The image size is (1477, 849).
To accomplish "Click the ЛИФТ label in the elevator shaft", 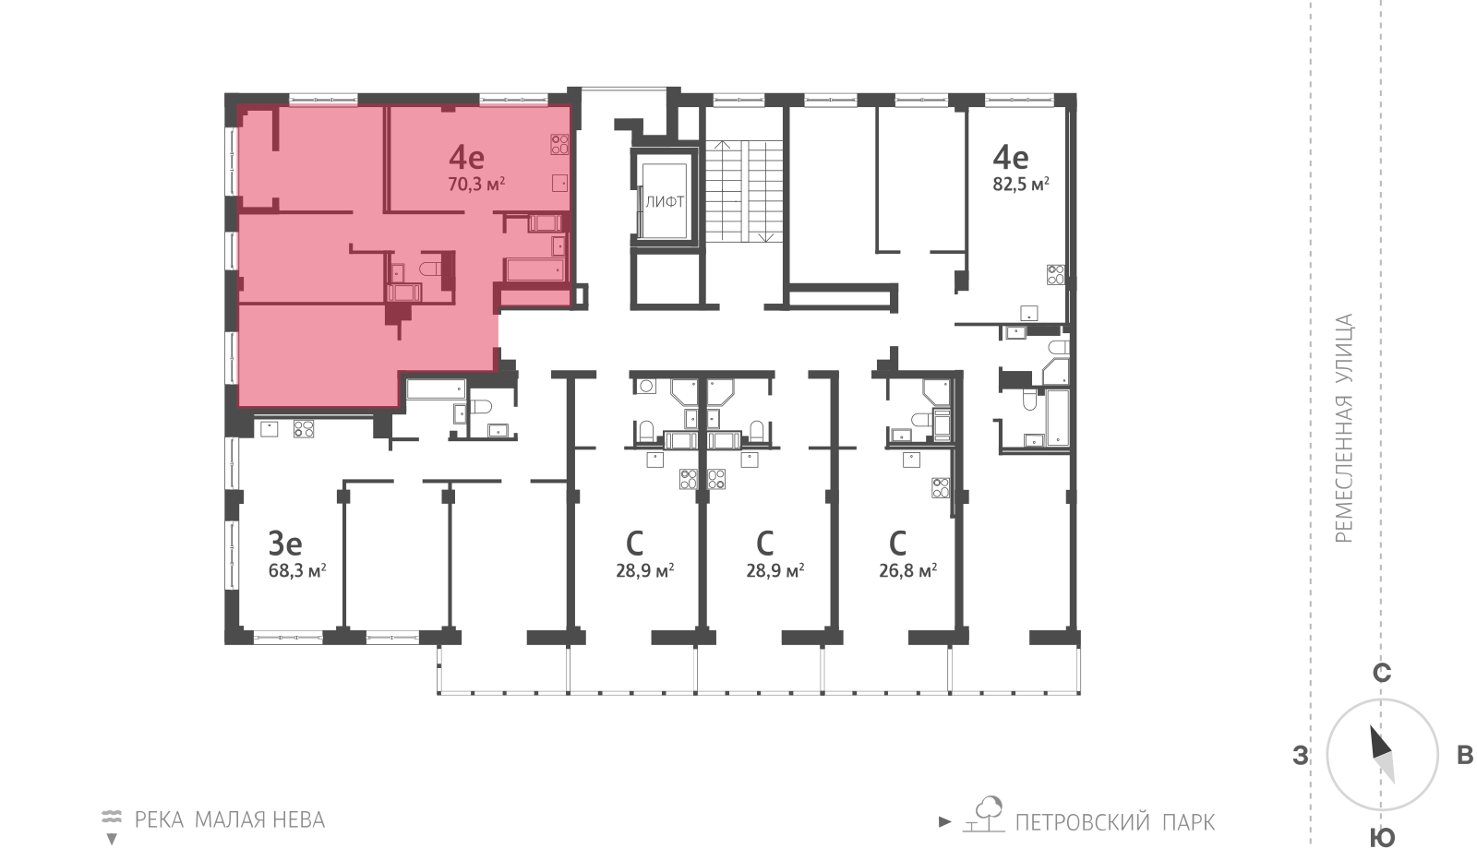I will [x=665, y=201].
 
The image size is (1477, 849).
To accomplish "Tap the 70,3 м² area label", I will [x=475, y=185].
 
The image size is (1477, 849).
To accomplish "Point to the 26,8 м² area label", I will [x=907, y=570].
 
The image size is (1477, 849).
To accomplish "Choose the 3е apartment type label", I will [x=285, y=542].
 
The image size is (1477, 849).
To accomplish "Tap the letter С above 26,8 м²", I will [x=897, y=542].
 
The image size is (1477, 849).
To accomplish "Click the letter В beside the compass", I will [x=1464, y=756].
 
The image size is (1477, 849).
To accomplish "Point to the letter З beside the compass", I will [x=1301, y=757].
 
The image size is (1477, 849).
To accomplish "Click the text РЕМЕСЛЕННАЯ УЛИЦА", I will [x=1344, y=428].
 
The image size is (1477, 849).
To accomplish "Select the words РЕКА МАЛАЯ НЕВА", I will [x=230, y=819].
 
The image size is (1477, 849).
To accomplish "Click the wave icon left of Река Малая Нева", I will [x=112, y=817].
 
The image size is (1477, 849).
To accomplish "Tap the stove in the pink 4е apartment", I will [x=559, y=144].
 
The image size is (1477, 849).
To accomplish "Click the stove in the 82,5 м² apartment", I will [x=1055, y=274].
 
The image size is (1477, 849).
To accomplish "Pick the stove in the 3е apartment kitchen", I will [x=304, y=428].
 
